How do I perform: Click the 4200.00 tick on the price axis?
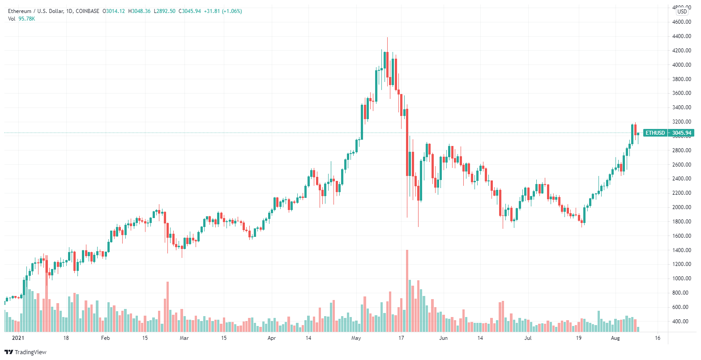pyautogui.click(x=681, y=51)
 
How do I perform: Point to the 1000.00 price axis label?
pyautogui.click(x=681, y=279)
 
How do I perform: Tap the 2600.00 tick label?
pyautogui.click(x=681, y=165)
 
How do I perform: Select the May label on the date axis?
pyautogui.click(x=356, y=338)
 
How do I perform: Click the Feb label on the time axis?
pyautogui.click(x=105, y=338)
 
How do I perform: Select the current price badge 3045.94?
pyautogui.click(x=682, y=133)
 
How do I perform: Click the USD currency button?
pyautogui.click(x=682, y=12)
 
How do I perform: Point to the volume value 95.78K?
pyautogui.click(x=27, y=18)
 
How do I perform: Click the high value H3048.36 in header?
pyautogui.click(x=140, y=11)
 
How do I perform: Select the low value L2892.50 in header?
pyautogui.click(x=165, y=11)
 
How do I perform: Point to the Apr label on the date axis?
pyautogui.click(x=272, y=338)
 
